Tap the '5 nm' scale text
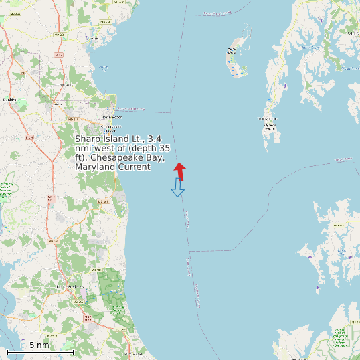click(x=39, y=345)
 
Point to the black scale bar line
click(x=40, y=351)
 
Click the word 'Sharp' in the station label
click(x=86, y=139)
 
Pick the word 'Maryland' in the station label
click(x=95, y=167)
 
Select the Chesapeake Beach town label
click(x=110, y=127)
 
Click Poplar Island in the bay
click(x=234, y=57)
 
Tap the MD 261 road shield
click(x=102, y=201)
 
